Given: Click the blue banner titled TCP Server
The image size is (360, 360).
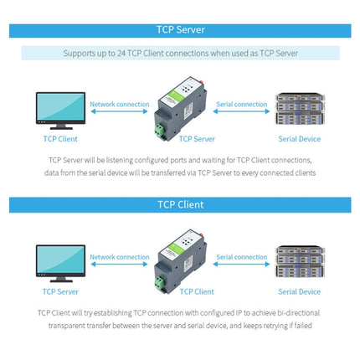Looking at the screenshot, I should click(x=180, y=30).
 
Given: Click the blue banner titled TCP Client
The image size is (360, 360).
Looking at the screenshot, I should click(x=180, y=203).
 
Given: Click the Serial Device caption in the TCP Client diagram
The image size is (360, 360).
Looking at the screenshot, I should click(x=299, y=291).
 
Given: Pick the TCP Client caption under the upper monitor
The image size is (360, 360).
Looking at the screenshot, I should click(x=60, y=139).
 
